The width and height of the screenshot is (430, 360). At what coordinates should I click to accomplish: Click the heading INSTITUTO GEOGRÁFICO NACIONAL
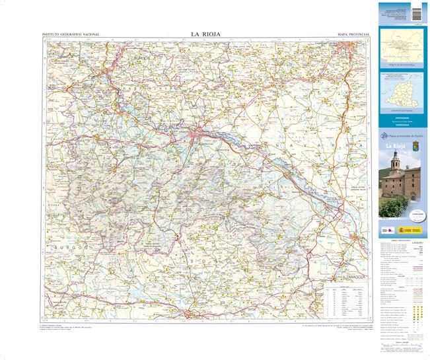(71, 34)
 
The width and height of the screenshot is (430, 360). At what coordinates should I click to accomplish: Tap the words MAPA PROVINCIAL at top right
(353, 34)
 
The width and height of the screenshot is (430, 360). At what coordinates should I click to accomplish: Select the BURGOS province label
(68, 246)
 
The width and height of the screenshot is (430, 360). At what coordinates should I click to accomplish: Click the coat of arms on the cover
(416, 145)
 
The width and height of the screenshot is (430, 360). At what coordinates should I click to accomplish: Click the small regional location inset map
(402, 52)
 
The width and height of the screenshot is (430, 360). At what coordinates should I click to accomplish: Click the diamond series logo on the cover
(384, 136)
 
